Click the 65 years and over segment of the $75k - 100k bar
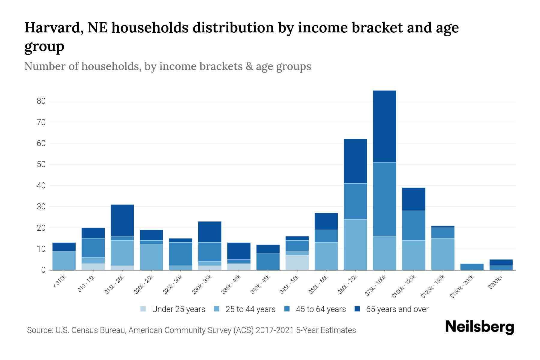384,126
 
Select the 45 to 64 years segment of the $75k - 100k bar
384,199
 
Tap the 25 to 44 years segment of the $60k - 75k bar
355,244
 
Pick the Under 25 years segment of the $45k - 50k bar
297,262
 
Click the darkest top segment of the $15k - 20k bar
122,220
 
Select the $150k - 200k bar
472,267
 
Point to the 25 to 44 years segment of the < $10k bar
64,260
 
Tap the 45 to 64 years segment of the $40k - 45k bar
268,261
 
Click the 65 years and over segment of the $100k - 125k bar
413,199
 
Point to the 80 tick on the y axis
41,101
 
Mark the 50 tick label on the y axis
41,164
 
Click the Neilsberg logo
479,327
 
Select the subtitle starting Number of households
167,66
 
